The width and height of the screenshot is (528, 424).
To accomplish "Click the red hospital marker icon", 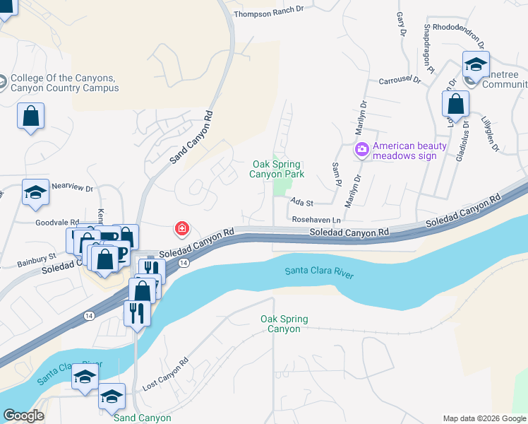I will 182,228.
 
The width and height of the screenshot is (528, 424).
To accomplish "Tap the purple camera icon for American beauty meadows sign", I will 362,149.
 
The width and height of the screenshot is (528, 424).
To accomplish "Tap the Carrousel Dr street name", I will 400,81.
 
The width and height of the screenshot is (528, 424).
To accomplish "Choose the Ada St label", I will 301,202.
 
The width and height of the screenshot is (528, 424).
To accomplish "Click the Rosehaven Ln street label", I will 317,220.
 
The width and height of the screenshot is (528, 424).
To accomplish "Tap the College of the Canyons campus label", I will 64,83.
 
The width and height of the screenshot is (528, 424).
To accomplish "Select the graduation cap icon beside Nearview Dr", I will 35,194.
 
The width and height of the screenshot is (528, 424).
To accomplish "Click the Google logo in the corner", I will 23,416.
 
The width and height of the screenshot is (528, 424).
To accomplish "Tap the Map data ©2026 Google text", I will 484,418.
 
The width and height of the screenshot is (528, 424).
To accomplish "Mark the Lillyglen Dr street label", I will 488,134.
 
